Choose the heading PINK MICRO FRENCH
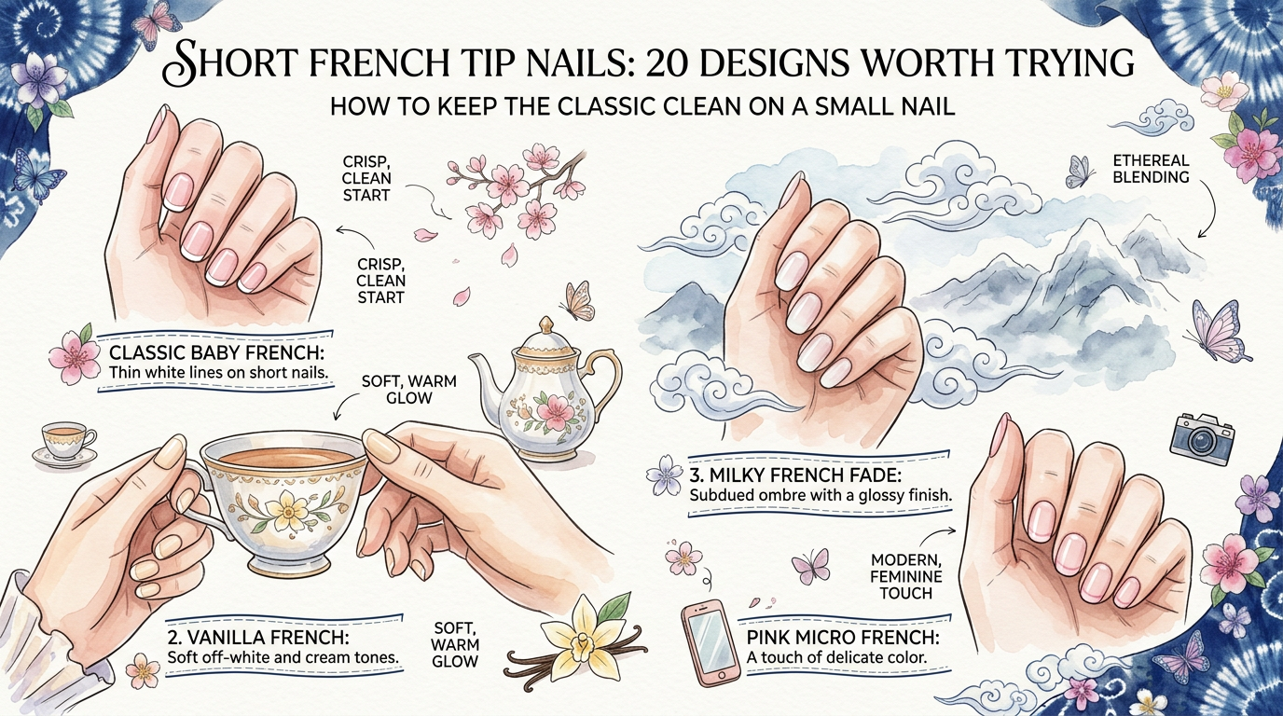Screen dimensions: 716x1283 pos(843,638)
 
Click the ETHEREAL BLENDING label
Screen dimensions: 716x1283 pos(1151,169)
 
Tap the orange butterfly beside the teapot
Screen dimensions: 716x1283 pos(575,300)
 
